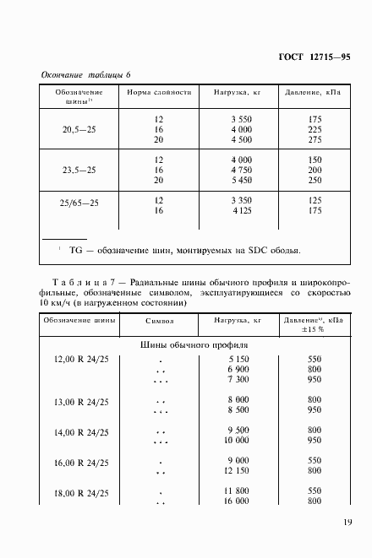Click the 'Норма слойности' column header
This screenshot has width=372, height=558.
tap(159, 92)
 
